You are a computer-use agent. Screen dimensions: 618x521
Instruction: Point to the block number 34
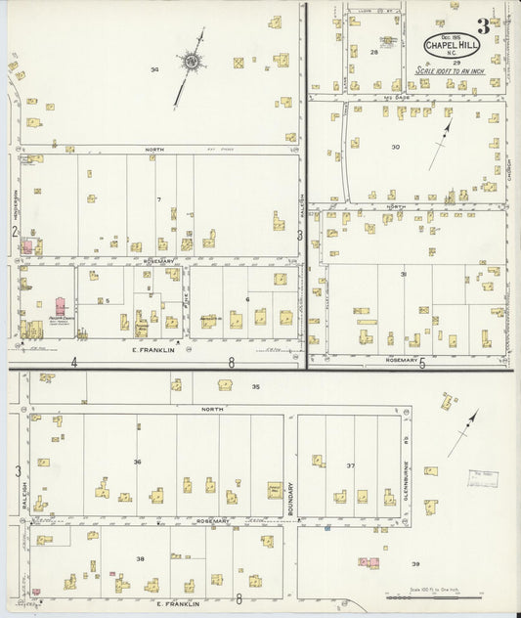coord(154,69)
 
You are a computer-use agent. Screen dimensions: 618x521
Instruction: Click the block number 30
coord(395,146)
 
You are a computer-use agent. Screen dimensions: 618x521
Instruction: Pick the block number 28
coord(374,53)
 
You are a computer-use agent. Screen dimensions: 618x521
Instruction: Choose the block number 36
coord(138,462)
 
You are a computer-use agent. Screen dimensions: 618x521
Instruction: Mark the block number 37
coord(350,465)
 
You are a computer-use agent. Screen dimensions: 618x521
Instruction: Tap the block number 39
coord(415,564)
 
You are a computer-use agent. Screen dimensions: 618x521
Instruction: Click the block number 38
coord(140,558)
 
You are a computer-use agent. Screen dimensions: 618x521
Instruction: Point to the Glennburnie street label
coord(405,481)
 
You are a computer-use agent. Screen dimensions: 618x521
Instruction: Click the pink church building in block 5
coord(61,309)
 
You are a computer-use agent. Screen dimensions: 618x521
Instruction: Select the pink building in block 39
coord(369,562)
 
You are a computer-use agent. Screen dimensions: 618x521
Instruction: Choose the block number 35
coord(255,387)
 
